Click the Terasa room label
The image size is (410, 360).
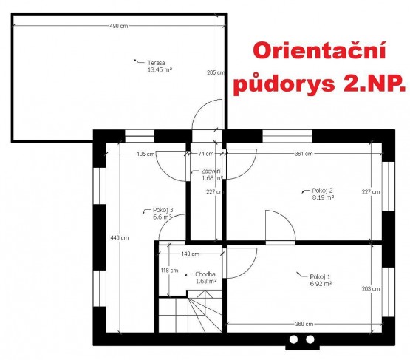click(x=156, y=63)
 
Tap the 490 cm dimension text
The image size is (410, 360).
click(x=119, y=26)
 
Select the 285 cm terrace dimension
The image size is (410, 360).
click(x=216, y=72)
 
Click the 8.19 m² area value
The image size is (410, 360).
click(x=323, y=197)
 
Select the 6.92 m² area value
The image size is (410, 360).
click(x=321, y=284)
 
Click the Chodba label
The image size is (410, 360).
click(x=205, y=274)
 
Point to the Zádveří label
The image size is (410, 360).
click(x=211, y=171)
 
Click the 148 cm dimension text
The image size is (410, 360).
click(x=191, y=254)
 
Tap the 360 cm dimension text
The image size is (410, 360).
click(x=304, y=324)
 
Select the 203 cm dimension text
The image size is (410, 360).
click(x=371, y=288)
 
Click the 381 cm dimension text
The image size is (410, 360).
click(x=304, y=154)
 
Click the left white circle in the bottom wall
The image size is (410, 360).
click(x=293, y=339)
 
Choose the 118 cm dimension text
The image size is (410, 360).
click(x=169, y=271)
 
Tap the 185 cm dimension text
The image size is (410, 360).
click(x=146, y=154)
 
